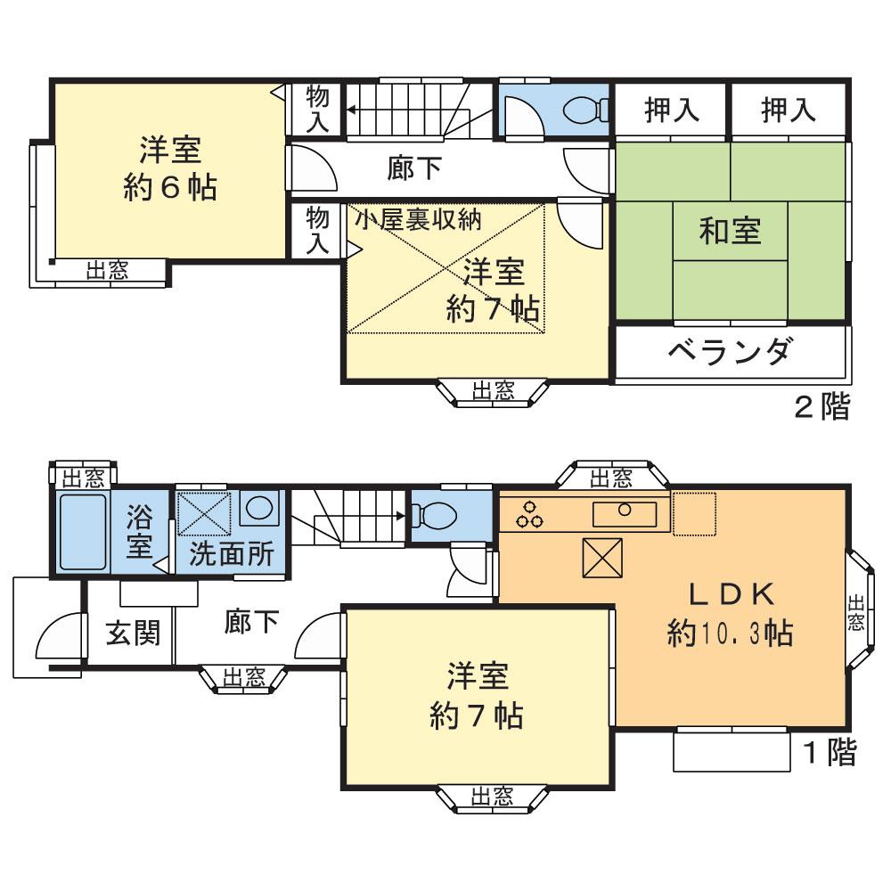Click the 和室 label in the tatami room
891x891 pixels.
click(730, 232)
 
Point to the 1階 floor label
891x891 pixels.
click(830, 753)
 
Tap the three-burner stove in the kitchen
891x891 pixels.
click(533, 514)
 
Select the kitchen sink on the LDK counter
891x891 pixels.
click(624, 512)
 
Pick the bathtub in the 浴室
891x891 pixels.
click(82, 532)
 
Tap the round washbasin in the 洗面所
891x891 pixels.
click(260, 509)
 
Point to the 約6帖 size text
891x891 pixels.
click(168, 187)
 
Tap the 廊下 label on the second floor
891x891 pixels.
click(413, 168)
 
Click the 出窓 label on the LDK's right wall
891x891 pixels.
click(856, 612)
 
